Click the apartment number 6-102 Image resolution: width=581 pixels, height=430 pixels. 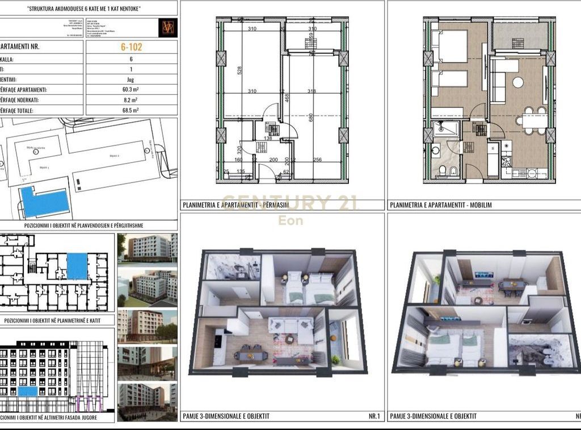(131, 47)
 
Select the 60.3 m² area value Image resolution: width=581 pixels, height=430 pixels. (131, 90)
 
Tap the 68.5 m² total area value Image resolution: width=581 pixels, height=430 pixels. (131, 111)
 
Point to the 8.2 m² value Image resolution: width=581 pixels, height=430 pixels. (131, 101)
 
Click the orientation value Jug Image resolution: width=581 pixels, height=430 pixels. (131, 80)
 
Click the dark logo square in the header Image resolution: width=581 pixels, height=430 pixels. (167, 28)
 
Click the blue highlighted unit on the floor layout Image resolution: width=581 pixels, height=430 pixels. (77, 266)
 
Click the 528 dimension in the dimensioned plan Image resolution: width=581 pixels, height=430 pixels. (239, 70)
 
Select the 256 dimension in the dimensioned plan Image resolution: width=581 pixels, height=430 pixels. (317, 160)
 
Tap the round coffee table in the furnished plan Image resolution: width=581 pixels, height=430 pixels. (518, 82)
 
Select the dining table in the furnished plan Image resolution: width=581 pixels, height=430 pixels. (534, 120)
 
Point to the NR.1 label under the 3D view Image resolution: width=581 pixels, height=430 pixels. (374, 416)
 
